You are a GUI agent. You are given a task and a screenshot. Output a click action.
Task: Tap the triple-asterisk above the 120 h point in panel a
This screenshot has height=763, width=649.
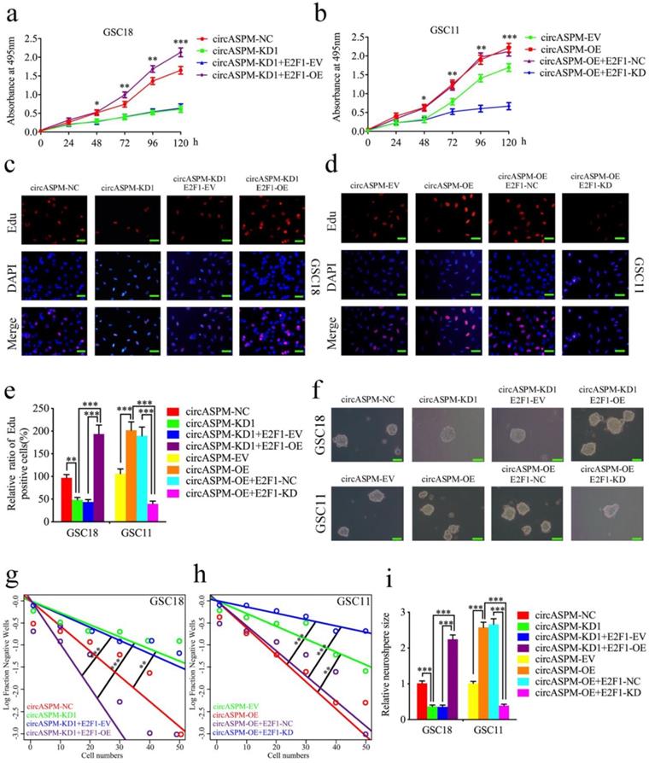(180, 40)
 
